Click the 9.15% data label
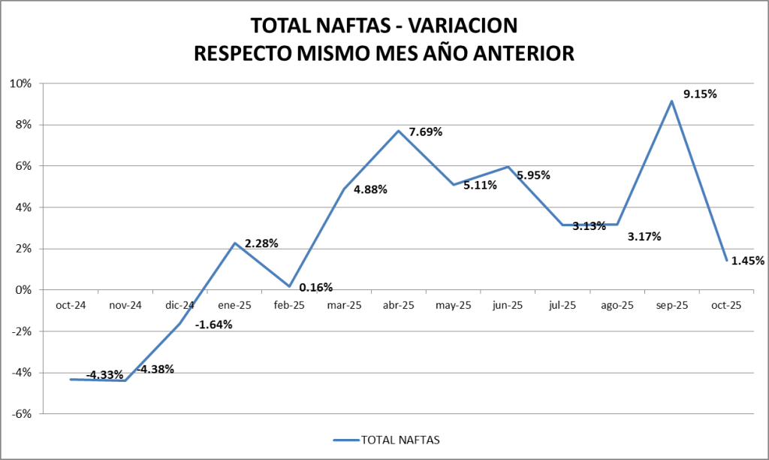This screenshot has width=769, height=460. click(x=700, y=94)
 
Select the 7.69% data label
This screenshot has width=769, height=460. click(x=425, y=132)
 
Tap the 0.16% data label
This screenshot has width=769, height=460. click(x=315, y=287)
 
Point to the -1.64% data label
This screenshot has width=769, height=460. click(x=214, y=325)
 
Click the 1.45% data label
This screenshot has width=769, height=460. click(x=747, y=261)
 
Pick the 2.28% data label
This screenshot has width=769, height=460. click(x=261, y=244)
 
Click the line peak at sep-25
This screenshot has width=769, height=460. click(x=671, y=101)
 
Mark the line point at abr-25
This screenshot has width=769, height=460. click(x=399, y=131)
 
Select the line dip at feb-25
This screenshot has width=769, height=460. click(x=289, y=286)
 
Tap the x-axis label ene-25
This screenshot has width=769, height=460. click(x=234, y=306)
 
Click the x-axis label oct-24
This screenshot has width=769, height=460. click(x=71, y=306)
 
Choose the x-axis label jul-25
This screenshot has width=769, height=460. click(x=562, y=306)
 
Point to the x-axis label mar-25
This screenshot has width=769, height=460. click(x=344, y=306)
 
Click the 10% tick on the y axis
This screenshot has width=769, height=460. click(x=20, y=83)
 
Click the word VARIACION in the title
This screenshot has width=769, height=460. click(x=462, y=26)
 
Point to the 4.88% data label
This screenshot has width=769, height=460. click(x=370, y=189)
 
